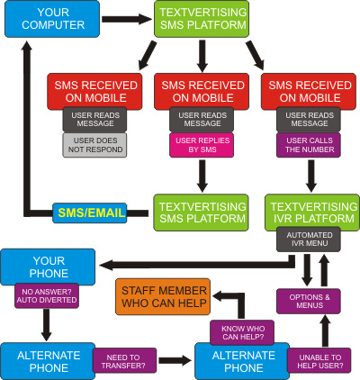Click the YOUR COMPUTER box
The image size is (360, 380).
52,19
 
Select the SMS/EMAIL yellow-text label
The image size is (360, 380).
90,213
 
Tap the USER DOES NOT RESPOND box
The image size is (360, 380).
94,145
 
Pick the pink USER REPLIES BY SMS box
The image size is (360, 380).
202,145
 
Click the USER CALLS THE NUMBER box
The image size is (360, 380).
309,145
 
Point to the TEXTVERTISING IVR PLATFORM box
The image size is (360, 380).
312,213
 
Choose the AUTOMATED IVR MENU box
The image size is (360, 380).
309,239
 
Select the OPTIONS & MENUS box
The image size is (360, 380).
309,302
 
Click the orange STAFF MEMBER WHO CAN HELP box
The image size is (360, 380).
163,296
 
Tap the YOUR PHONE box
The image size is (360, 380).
48,267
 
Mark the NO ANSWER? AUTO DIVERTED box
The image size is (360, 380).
47,295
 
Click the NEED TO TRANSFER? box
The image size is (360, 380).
124,361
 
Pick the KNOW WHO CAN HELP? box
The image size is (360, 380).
242,332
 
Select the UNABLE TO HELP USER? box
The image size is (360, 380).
319,361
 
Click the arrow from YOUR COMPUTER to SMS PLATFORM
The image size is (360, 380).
127,19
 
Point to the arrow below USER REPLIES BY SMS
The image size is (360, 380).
202,176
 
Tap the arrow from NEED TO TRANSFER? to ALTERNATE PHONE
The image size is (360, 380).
175,360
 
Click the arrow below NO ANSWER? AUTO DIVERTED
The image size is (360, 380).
47,325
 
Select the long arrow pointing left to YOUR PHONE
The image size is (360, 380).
197,265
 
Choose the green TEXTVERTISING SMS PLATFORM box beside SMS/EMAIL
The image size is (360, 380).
201,213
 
